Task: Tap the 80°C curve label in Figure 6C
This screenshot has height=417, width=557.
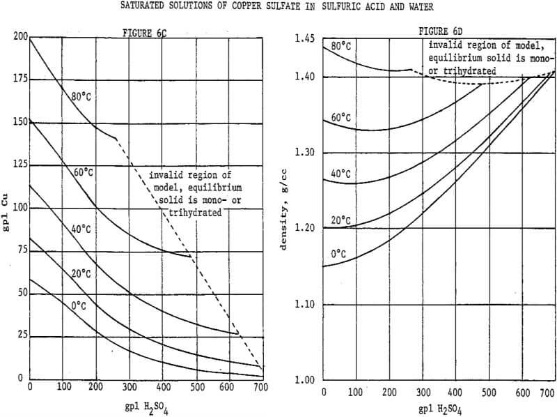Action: [80, 97]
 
